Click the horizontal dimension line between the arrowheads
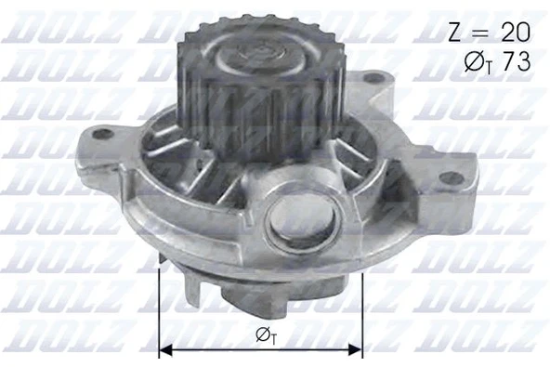pyautogui.click(x=261, y=350)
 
